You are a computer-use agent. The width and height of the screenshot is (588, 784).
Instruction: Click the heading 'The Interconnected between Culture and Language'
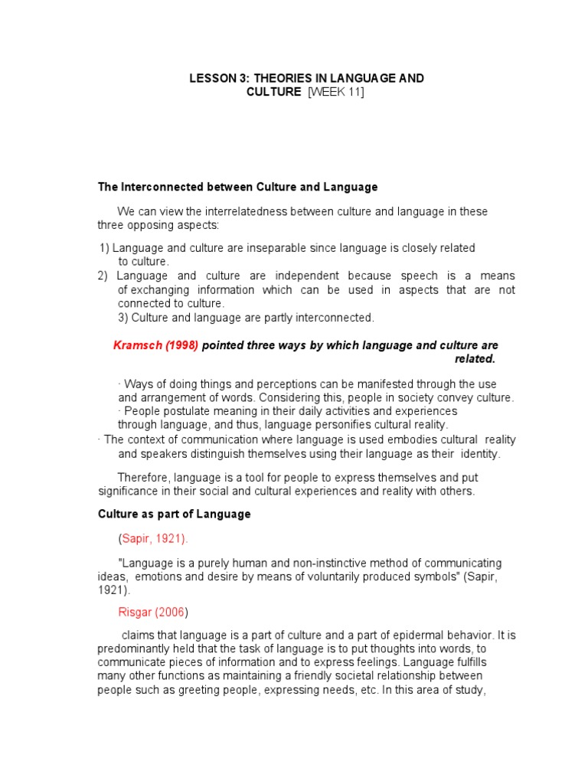(237, 187)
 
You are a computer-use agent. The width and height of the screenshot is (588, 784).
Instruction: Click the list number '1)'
(106, 248)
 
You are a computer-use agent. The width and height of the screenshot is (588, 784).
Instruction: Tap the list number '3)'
(125, 317)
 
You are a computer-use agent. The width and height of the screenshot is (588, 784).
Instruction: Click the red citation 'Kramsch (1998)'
(155, 345)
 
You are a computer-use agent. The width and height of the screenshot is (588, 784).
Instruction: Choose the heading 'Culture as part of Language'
(174, 514)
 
